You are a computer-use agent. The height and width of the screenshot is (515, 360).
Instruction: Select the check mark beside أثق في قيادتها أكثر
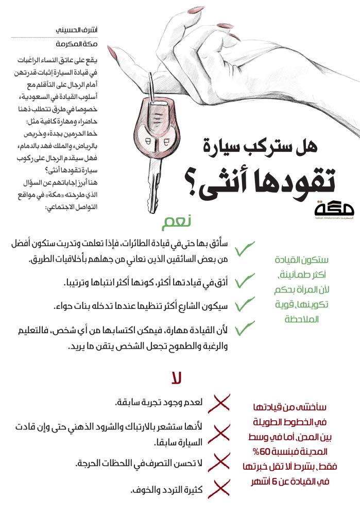click(245, 281)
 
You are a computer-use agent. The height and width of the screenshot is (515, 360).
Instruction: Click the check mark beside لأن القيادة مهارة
click(245, 328)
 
